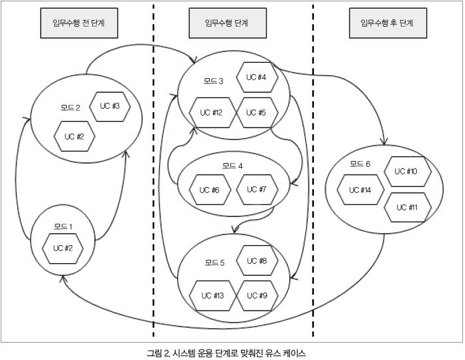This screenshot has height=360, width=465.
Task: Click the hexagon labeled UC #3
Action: coord(110,107)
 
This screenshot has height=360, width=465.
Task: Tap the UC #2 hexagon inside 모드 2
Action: coord(74,136)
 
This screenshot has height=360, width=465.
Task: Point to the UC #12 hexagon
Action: coord(211,112)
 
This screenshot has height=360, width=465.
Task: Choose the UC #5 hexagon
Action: coord(257,112)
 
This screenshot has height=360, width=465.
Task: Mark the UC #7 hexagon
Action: coord(257,189)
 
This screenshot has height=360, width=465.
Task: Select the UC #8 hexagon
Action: coord(257,261)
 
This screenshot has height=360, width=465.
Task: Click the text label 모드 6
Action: coord(360,164)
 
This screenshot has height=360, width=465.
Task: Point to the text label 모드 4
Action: coord(232,165)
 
